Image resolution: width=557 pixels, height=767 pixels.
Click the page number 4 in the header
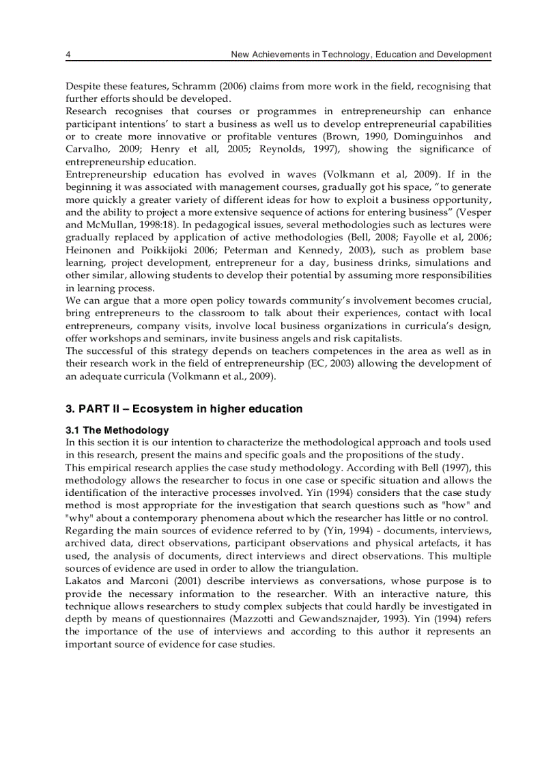[x=68, y=55]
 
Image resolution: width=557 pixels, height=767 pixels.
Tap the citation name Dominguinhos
[x=434, y=136]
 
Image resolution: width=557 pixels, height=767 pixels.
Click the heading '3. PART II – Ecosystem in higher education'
[x=184, y=409]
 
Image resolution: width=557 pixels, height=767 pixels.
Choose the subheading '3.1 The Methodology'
[x=117, y=430]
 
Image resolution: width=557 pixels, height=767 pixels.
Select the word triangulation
[x=325, y=568]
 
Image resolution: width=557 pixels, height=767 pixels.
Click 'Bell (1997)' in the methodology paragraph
[x=446, y=468]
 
